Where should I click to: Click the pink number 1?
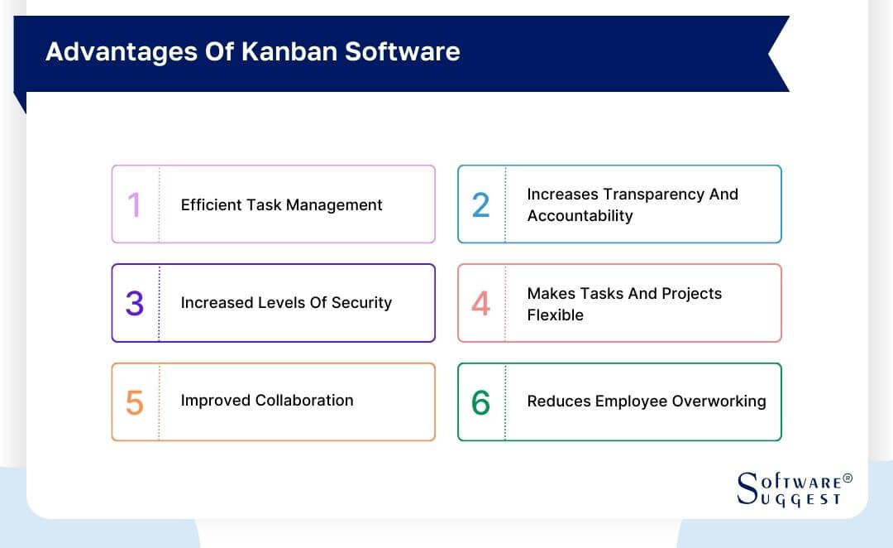pyautogui.click(x=133, y=205)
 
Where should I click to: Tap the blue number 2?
pyautogui.click(x=480, y=205)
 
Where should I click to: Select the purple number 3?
pyautogui.click(x=134, y=304)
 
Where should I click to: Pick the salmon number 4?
pyautogui.click(x=480, y=304)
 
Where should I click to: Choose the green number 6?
pyautogui.click(x=480, y=402)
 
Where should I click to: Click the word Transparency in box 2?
pyautogui.click(x=654, y=194)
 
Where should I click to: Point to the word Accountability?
pyautogui.click(x=580, y=215)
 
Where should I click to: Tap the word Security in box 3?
pyautogui.click(x=361, y=302)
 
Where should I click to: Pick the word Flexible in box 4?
pyautogui.click(x=555, y=315)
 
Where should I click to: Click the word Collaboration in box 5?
pyautogui.click(x=304, y=400)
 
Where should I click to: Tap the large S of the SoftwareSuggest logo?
pyautogui.click(x=747, y=488)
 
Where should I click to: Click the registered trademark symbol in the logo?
pyautogui.click(x=848, y=478)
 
